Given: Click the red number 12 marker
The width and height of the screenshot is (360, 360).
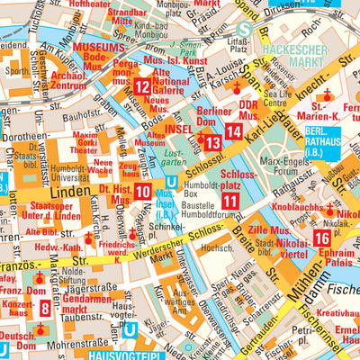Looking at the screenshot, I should point(143,87).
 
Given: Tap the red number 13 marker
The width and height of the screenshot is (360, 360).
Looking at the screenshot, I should point(212,142).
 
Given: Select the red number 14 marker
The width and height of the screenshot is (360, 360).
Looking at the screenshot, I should point(234,131).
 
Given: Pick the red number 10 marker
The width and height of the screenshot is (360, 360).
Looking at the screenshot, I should point(143,191).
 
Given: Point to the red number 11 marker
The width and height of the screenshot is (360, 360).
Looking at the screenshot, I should point(230,202).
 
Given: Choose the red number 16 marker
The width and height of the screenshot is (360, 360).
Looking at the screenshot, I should point(321,238).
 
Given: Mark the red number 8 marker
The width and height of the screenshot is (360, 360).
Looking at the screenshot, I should point(45,309).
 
